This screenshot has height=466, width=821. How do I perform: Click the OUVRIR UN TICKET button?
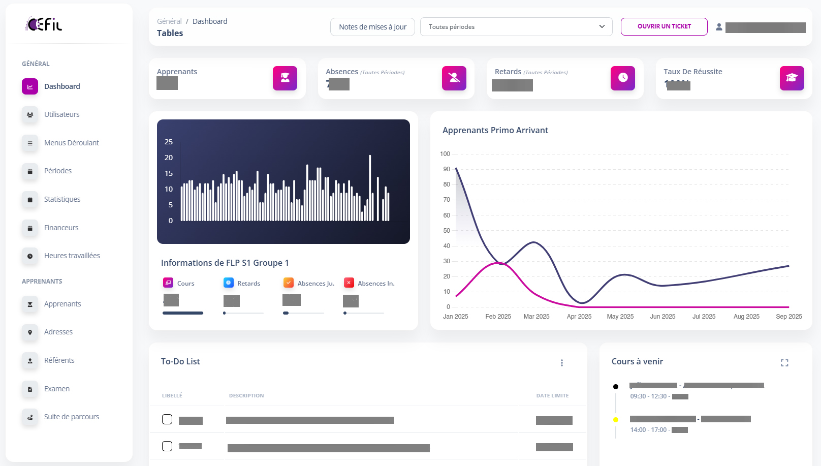pos(664,26)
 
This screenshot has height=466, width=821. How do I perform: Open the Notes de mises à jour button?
pos(372,27)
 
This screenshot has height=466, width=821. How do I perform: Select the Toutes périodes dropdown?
pos(516,27)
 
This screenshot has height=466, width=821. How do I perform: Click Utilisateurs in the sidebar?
pos(61,114)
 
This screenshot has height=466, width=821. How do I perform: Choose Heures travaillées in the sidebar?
pos(72,256)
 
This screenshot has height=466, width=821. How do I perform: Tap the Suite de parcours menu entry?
pos(71,417)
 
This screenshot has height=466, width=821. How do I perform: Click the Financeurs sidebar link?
pos(61,228)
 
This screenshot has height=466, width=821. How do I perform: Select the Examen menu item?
pos(56,389)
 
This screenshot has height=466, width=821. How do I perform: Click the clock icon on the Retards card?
pos(622,78)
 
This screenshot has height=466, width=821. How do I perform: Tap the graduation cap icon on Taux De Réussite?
pos(792,78)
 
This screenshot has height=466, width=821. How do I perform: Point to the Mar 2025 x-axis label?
pos(536,317)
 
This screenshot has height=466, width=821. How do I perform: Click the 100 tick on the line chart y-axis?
pos(445,154)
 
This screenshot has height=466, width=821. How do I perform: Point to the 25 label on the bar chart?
pos(169,142)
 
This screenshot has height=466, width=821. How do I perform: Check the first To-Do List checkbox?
pos(167,419)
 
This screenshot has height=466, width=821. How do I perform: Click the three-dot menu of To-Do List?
pos(561,363)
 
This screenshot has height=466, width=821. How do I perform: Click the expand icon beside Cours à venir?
pos(784,363)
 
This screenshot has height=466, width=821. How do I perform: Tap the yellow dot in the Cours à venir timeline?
pos(616,420)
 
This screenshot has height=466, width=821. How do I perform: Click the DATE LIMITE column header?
pos(552,395)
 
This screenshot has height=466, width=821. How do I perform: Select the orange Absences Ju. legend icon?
pos(288,283)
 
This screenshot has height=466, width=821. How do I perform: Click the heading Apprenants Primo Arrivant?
pos(495,130)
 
